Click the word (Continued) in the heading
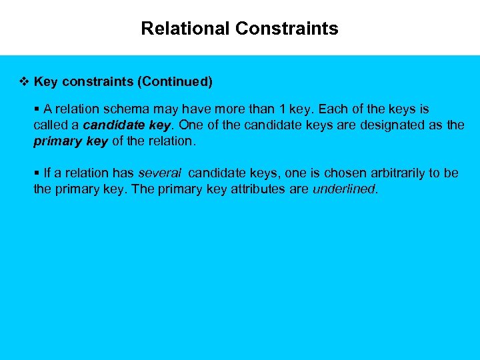coord(175,82)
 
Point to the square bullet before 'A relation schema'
coord(37,109)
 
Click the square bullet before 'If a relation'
coord(37,173)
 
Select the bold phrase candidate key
coord(127,125)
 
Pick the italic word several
coord(159,173)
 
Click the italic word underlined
coord(344,189)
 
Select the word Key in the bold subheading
coord(45,82)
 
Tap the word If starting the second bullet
coord(47,173)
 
